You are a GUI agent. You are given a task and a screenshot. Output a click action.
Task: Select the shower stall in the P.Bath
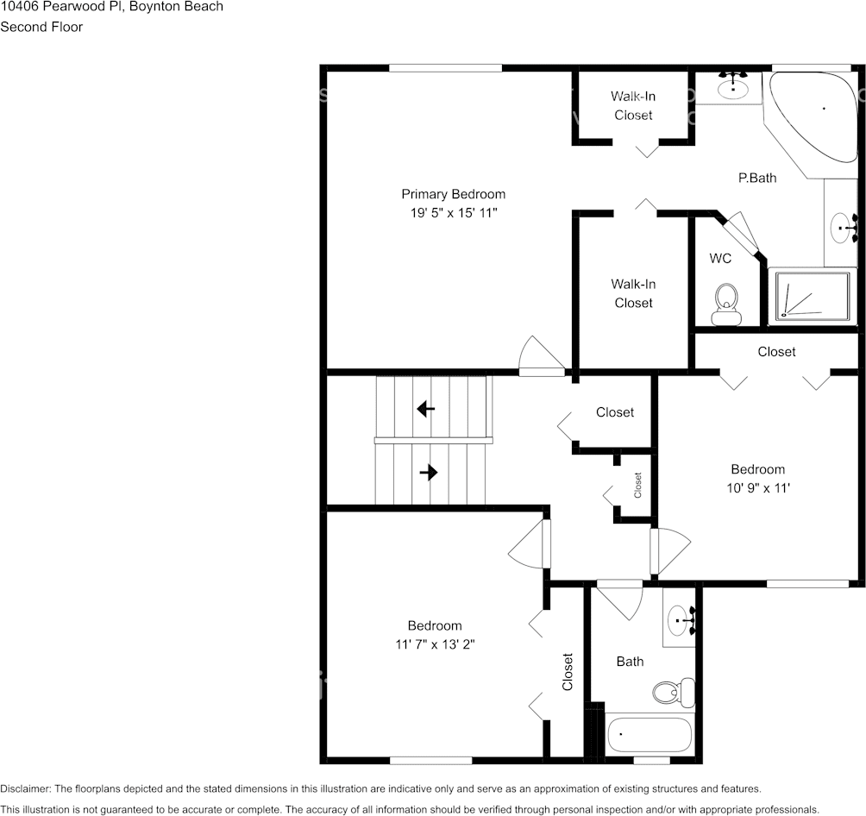[811, 297]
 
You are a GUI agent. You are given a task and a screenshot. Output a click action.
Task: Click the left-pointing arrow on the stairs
[425, 408]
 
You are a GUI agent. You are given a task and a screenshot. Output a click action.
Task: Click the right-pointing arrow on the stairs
[428, 473]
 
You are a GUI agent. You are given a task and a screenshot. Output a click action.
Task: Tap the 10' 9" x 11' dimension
[757, 486]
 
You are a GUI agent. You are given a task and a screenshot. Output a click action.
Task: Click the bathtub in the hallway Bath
[649, 735]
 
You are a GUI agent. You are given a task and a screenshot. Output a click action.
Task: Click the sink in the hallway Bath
[681, 619]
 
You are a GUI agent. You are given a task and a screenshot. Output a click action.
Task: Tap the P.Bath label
[756, 179]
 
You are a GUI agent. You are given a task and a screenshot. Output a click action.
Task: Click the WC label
[720, 259]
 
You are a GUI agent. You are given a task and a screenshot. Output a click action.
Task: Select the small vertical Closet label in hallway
[638, 486]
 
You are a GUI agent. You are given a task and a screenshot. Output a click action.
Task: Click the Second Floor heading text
[41, 27]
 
